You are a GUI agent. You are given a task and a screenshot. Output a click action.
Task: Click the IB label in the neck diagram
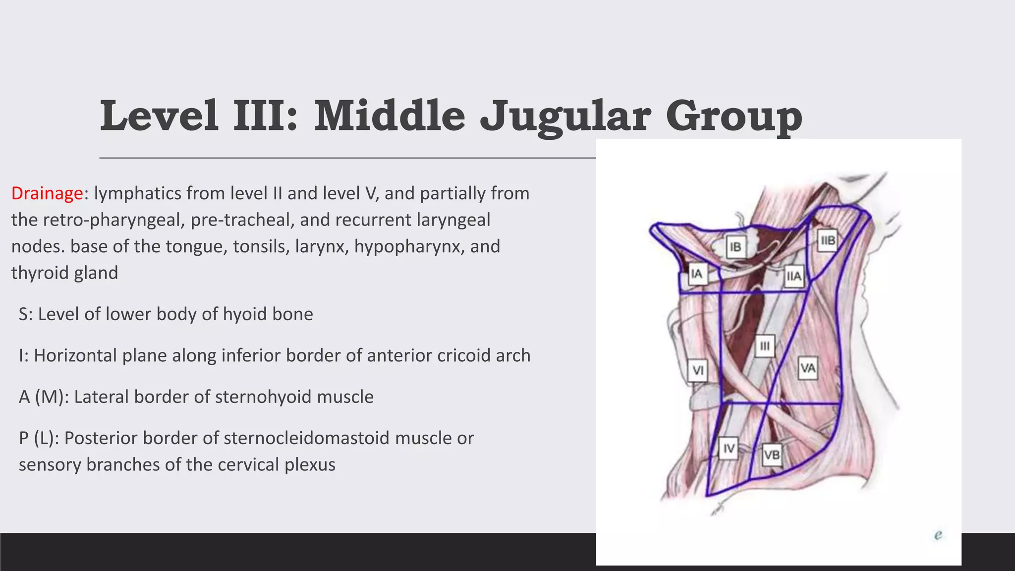(735, 247)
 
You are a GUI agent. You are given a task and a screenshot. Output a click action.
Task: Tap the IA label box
(696, 274)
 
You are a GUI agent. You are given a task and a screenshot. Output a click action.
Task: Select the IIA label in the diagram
(793, 276)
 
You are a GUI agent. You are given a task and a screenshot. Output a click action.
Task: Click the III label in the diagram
(765, 346)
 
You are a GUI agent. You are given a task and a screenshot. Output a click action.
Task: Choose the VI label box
(698, 370)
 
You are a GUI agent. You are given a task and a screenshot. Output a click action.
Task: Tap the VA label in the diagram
(808, 368)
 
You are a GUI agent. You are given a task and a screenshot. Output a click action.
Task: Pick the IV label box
(729, 449)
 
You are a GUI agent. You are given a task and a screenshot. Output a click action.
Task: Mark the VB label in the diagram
(772, 455)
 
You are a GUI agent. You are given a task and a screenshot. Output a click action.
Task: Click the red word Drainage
(47, 193)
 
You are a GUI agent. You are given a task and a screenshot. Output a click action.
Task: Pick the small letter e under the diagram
(938, 535)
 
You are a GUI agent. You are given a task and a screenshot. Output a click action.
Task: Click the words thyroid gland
(64, 273)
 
